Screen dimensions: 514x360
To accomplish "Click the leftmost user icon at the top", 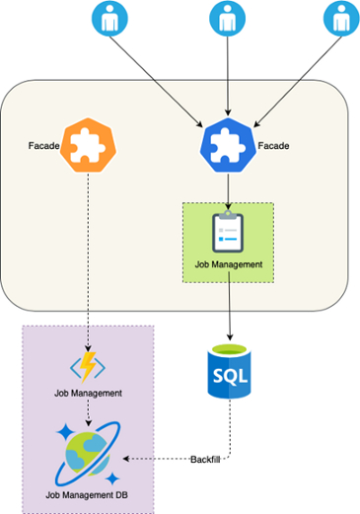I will click(109, 19).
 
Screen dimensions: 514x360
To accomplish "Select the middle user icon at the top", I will click(228, 19).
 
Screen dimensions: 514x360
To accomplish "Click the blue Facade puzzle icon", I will click(228, 145).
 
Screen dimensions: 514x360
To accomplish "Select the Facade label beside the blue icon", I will click(273, 146).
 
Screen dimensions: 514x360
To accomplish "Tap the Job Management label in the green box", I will click(228, 264).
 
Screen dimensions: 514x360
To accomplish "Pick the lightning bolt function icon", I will click(89, 366).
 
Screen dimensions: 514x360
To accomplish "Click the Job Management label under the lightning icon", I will click(89, 393).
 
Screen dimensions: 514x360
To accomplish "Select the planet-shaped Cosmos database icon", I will click(89, 453).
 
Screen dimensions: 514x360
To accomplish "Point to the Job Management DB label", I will click(89, 492).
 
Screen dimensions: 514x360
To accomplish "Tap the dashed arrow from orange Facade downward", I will click(89, 257).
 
